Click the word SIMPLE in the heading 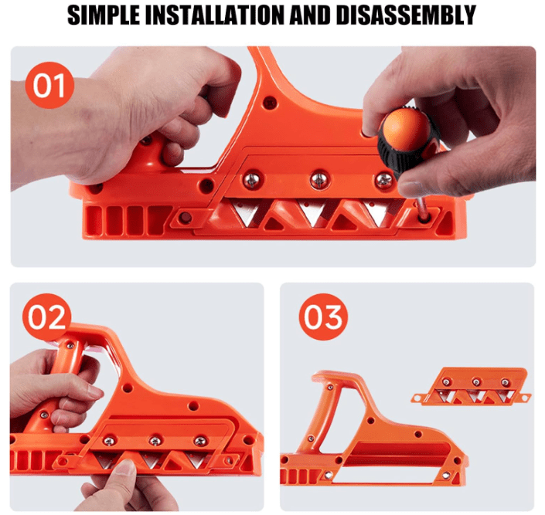104,15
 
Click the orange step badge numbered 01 49,86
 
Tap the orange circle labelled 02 46,317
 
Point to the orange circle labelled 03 323,317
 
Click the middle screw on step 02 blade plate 155,441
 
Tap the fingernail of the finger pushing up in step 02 126,466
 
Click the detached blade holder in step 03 472,387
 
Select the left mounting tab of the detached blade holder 417,398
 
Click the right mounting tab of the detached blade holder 525,397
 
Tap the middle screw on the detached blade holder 476,382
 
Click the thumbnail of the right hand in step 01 411,188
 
